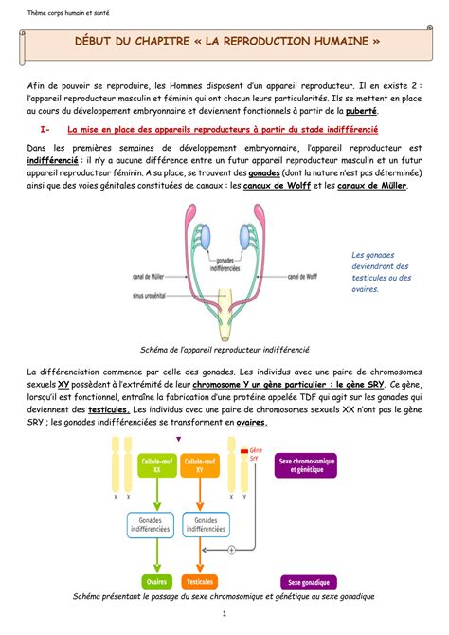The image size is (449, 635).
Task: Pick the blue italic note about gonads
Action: pyautogui.click(x=379, y=272)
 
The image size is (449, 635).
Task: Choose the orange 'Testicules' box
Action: pyautogui.click(x=200, y=580)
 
